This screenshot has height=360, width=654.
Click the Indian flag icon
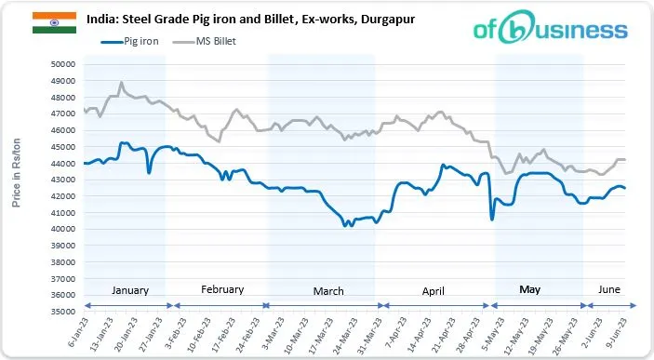tap(47, 23)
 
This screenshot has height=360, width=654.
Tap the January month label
tap(129, 291)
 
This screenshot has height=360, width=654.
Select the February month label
tap(222, 290)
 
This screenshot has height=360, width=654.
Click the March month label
tap(327, 291)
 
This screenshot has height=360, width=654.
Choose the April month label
tap(434, 291)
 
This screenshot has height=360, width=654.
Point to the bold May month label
tap(529, 290)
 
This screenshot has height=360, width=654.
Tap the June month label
tap(608, 290)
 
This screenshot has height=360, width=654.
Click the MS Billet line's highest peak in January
tap(121, 83)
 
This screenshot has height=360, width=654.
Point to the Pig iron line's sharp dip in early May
tap(491, 219)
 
